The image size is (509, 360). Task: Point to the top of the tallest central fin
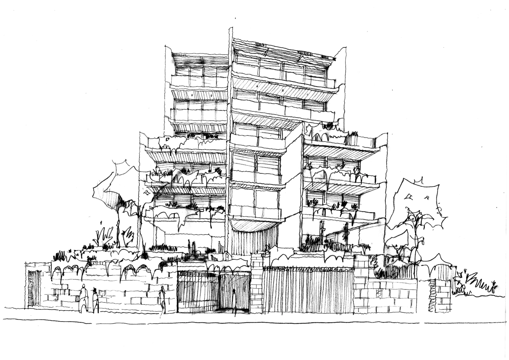click(231, 30)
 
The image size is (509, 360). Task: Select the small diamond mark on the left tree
click(148, 193)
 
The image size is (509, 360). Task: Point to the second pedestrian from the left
click(95, 298)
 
